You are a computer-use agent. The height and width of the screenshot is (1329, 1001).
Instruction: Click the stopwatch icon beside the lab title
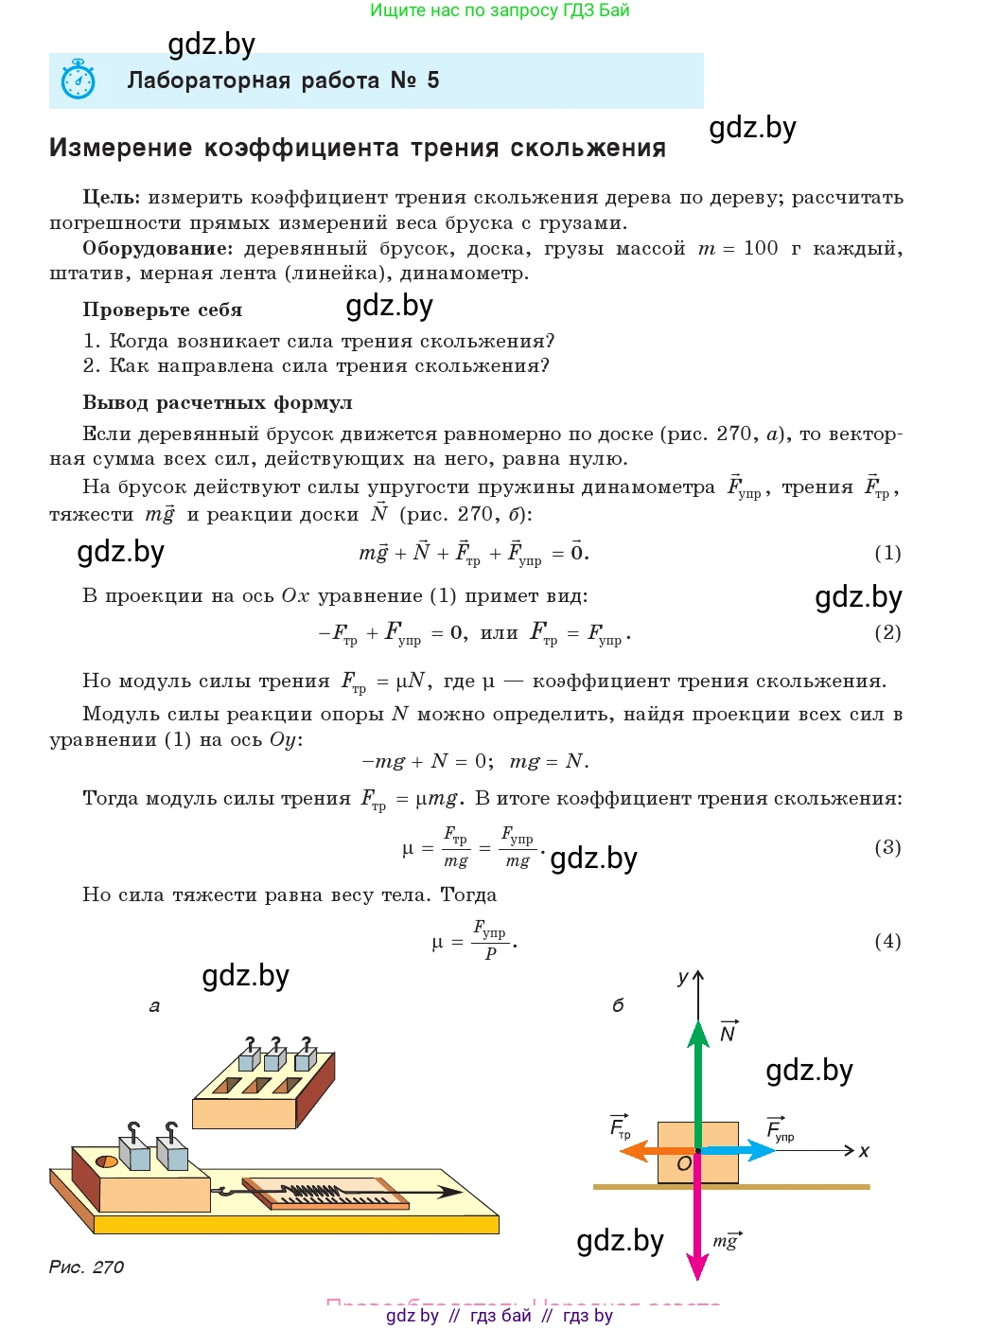tap(78, 80)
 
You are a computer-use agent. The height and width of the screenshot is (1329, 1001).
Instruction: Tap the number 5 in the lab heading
tap(433, 80)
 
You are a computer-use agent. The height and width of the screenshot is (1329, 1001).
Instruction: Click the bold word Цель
tap(111, 198)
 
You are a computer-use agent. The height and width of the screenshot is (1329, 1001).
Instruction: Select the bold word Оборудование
tap(156, 249)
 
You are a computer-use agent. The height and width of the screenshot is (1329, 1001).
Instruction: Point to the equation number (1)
tap(887, 553)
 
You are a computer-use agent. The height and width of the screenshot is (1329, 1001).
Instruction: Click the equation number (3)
tap(887, 847)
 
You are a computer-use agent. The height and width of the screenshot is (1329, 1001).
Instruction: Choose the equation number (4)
tap(887, 941)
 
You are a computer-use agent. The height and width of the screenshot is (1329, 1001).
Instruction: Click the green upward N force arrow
tap(698, 1079)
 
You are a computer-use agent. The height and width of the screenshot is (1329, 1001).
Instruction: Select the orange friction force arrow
tap(653, 1151)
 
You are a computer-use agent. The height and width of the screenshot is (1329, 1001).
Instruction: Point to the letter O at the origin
tap(684, 1163)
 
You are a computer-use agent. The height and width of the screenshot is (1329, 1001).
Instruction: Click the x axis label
tap(864, 1152)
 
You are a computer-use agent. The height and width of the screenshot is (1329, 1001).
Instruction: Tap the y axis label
tap(683, 978)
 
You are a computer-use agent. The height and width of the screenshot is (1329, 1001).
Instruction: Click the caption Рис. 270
tap(86, 1267)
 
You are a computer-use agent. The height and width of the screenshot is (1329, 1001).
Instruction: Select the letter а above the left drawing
tap(154, 1006)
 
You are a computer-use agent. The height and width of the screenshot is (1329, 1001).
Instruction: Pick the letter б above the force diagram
tap(618, 1005)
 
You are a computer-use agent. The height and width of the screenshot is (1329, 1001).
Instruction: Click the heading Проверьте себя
tap(162, 310)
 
